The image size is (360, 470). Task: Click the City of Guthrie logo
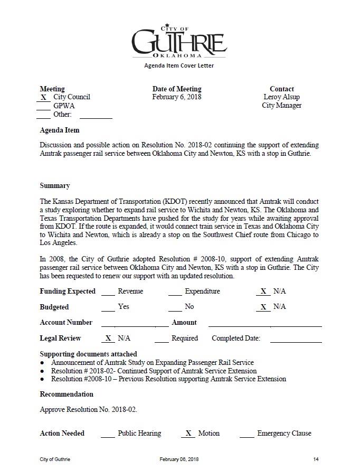[179, 41]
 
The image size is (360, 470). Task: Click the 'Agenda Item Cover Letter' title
[179, 66]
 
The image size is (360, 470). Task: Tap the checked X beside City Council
[43, 97]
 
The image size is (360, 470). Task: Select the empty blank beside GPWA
[43, 106]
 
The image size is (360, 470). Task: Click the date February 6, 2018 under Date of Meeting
[177, 97]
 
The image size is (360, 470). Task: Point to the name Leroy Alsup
[282, 97]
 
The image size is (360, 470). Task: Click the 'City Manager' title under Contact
[282, 106]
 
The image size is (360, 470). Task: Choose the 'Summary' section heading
[55, 186]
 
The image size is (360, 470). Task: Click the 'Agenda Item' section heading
[60, 130]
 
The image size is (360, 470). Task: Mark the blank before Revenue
[108, 292]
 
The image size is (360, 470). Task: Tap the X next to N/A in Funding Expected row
[262, 292]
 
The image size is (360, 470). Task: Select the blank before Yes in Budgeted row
[108, 307]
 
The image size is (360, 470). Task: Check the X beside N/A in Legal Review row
[108, 339]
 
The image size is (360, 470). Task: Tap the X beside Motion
[188, 434]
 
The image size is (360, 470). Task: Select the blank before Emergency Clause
[247, 434]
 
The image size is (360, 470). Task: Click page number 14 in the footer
[316, 459]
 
